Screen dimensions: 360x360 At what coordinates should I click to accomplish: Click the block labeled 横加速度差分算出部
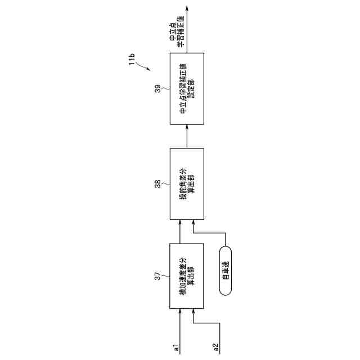(x=186, y=276)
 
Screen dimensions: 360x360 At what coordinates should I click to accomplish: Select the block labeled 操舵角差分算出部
(x=186, y=184)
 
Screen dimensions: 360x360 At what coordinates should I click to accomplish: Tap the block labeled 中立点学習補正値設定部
(x=186, y=89)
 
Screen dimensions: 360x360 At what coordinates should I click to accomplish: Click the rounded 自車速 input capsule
(x=225, y=271)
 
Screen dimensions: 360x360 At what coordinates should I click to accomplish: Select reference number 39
(x=158, y=88)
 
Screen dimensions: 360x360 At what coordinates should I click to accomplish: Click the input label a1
(x=176, y=347)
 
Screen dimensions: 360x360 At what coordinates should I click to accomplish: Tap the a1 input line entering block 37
(x=180, y=326)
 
